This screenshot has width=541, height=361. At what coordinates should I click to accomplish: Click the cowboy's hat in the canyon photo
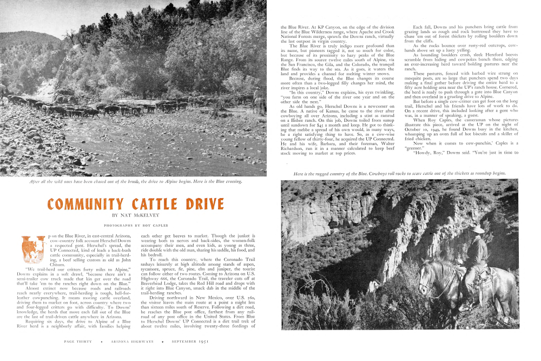[x=477, y=229]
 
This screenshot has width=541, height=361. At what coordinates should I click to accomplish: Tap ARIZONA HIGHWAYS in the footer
[x=133, y=342]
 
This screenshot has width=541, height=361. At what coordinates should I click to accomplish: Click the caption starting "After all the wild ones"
[x=136, y=181]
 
